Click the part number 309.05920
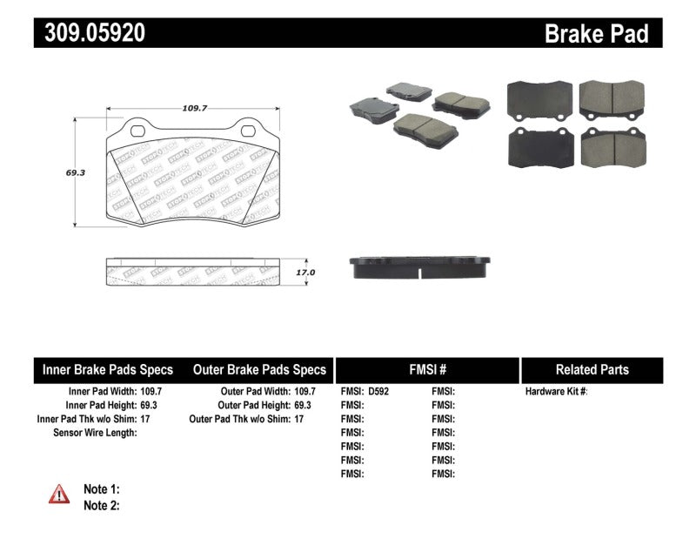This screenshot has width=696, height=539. (90, 33)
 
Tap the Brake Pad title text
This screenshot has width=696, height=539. (596, 33)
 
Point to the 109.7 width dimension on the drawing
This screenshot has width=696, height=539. (194, 108)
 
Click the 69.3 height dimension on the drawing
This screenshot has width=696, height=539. (75, 172)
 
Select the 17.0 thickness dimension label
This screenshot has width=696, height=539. (304, 273)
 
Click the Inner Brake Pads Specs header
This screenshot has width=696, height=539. (108, 369)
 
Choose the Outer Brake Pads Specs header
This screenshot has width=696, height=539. (258, 369)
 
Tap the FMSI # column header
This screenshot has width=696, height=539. (426, 369)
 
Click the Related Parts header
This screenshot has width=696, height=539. (592, 369)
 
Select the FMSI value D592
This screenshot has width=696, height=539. (378, 392)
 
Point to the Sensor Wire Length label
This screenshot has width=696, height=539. (96, 433)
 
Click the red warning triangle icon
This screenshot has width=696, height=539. (59, 495)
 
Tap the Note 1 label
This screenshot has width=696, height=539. (101, 489)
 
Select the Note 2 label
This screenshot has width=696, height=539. (101, 505)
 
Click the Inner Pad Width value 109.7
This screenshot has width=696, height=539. (152, 392)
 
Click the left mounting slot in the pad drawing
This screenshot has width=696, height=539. (137, 131)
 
